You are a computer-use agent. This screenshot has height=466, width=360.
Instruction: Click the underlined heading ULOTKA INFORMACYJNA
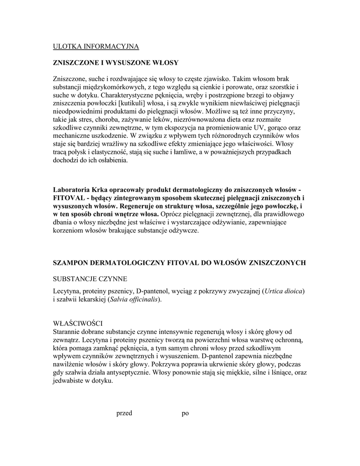coord(96,46)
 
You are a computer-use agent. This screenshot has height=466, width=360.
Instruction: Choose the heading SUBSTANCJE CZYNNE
coord(91,278)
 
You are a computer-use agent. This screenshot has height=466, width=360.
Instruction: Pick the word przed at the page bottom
coord(124,413)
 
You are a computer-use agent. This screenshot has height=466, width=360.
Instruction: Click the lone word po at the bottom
coord(185,413)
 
